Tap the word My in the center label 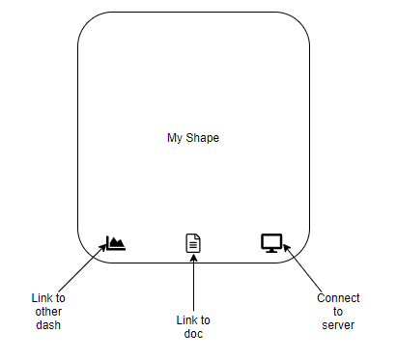[x=175, y=138]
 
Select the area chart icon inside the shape [x=115, y=243]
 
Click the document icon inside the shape [x=193, y=243]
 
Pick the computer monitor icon [x=270, y=243]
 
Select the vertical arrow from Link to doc [x=193, y=285]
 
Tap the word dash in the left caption [x=48, y=325]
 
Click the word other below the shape [x=48, y=312]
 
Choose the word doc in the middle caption [x=193, y=334]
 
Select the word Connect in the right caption [x=338, y=298]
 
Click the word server [x=338, y=325]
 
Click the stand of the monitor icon [x=270, y=250]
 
